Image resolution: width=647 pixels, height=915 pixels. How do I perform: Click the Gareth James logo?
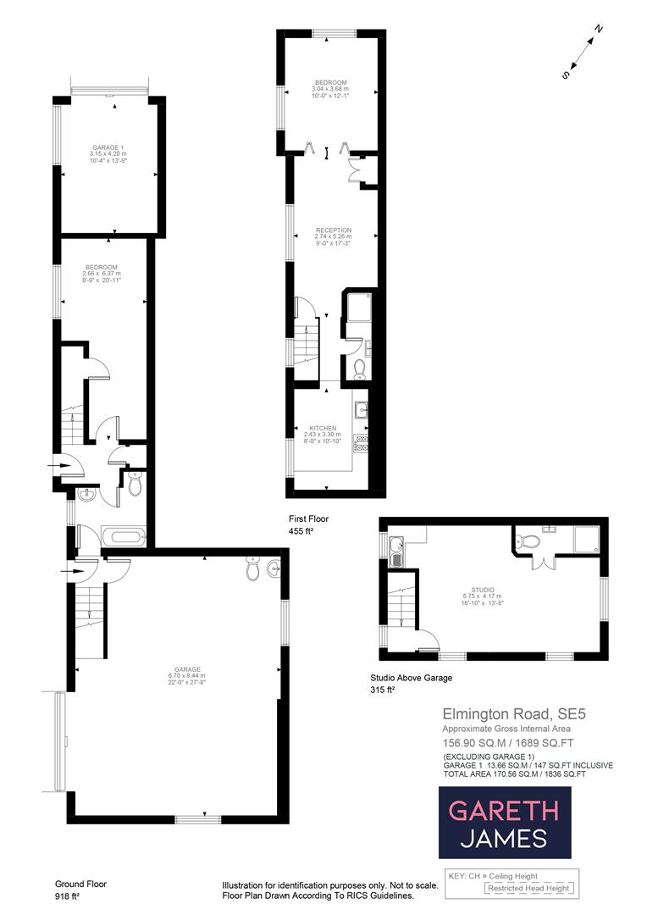[x=504, y=823]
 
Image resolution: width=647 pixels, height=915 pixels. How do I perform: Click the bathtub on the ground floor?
[x=124, y=535]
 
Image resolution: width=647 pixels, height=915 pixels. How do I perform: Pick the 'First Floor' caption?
[x=308, y=518]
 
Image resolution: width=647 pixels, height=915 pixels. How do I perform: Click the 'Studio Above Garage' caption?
[x=412, y=677]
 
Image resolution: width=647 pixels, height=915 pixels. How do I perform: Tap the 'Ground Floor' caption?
[x=80, y=884]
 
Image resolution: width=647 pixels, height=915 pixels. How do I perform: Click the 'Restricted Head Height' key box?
[x=528, y=888]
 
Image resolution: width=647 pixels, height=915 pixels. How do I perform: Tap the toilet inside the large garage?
[x=252, y=570]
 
